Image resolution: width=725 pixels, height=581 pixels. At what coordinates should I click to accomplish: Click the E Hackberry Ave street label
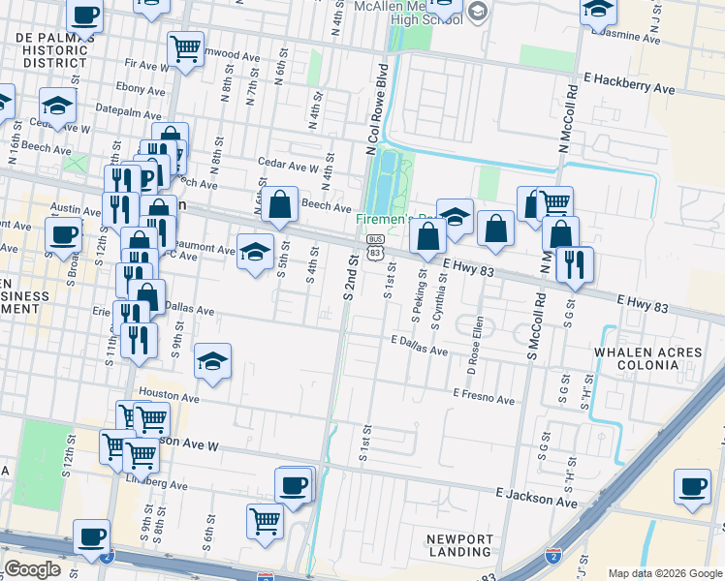629,82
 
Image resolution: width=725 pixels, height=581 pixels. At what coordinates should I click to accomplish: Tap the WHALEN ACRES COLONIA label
637,358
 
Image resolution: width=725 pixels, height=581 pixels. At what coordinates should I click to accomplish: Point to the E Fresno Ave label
483,397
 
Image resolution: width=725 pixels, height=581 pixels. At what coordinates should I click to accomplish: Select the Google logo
32,569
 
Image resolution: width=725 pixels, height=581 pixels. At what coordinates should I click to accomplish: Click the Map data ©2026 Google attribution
663,573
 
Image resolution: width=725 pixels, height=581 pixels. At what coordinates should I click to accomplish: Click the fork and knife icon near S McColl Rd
574,263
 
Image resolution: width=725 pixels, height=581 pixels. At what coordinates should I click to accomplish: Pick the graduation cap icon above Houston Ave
212,361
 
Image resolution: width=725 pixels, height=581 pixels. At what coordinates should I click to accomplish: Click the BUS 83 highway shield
376,245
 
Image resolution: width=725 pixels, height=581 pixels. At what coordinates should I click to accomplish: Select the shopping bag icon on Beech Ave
279,204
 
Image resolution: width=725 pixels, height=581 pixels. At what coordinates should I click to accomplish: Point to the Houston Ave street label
169,396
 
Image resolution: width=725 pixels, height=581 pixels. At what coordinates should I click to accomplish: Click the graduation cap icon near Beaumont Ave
255,252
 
